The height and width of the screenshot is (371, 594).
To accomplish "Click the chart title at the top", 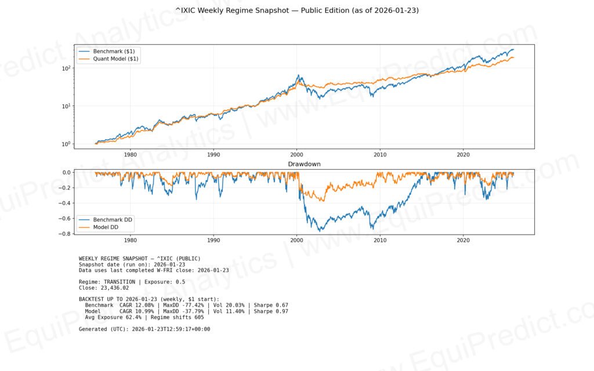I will (x=296, y=10).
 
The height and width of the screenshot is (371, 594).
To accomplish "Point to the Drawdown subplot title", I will (x=304, y=165).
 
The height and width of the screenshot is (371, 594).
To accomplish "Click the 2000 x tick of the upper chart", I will (x=297, y=155).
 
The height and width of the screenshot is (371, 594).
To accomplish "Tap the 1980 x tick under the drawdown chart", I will (x=131, y=240).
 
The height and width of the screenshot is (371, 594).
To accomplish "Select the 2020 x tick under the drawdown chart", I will (x=463, y=240).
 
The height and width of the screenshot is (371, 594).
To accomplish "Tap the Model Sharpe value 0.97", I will (x=281, y=311).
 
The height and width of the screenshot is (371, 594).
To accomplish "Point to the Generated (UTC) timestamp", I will (x=171, y=329).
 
